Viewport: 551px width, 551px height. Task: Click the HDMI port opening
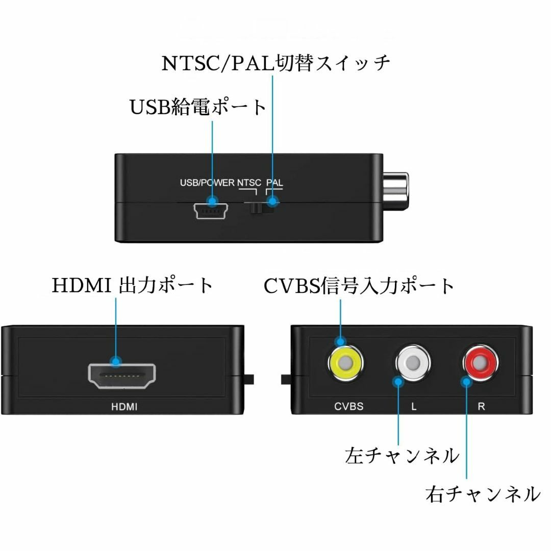[x=121, y=376]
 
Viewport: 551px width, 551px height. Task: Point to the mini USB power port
[x=211, y=211]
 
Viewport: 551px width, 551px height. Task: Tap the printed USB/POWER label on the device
[x=207, y=183]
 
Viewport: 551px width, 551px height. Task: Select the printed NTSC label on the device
[x=249, y=183]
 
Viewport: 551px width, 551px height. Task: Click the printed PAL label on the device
[x=274, y=183]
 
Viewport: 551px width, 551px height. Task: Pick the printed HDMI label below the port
[x=124, y=407]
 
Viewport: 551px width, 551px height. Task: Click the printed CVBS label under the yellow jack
[x=348, y=407]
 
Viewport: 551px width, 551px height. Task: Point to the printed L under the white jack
[x=414, y=407]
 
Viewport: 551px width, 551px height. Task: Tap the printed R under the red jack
[x=482, y=407]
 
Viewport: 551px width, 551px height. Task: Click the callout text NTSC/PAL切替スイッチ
[x=276, y=64]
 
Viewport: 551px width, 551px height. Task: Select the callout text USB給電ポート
[x=198, y=107]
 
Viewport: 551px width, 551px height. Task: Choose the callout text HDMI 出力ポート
[x=133, y=285]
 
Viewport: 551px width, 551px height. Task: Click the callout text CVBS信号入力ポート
[x=359, y=285]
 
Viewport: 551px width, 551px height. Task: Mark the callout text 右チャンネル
[x=483, y=494]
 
